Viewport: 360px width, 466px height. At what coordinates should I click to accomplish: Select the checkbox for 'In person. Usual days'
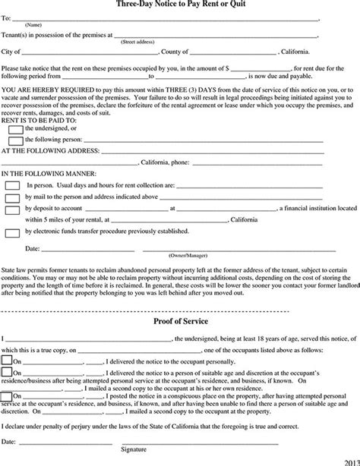13,185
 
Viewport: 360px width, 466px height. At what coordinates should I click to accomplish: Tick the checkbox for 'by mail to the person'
13,197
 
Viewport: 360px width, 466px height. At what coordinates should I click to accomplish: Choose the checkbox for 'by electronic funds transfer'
13,231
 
